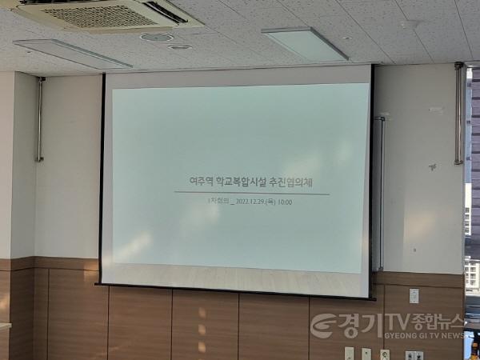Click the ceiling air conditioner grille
point(96,14)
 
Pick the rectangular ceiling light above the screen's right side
point(305,43)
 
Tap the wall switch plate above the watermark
point(414,295)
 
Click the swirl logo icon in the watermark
point(324,325)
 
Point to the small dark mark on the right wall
point(433,166)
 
